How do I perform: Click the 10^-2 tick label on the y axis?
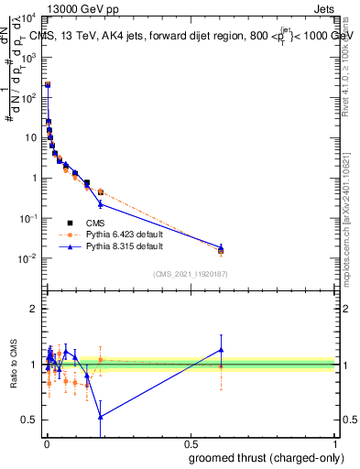point(27,258)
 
